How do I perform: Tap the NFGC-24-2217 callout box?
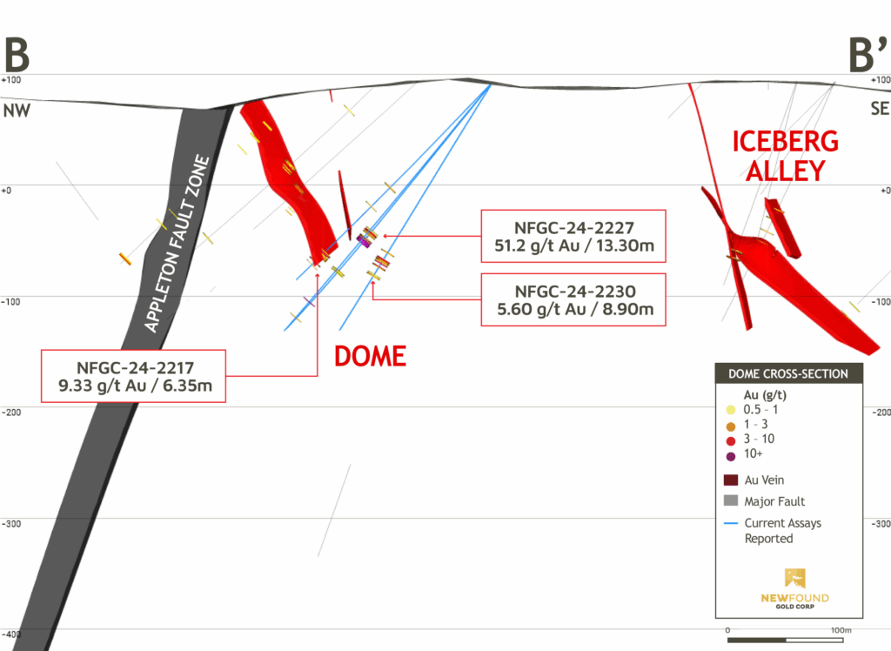tap(133, 376)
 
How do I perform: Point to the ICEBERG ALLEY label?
tap(785, 155)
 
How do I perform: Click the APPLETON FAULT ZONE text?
tap(178, 244)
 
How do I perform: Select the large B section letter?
tap(17, 55)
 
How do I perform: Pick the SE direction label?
tap(880, 110)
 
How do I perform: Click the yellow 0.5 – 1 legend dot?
tap(731, 409)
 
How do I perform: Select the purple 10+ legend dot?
tap(731, 455)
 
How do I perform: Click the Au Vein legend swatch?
tap(731, 480)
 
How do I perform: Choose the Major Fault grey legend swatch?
tap(731, 501)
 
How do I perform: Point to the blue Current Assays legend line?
tap(731, 523)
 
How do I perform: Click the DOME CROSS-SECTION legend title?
tap(788, 374)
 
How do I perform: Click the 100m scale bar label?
tap(840, 629)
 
